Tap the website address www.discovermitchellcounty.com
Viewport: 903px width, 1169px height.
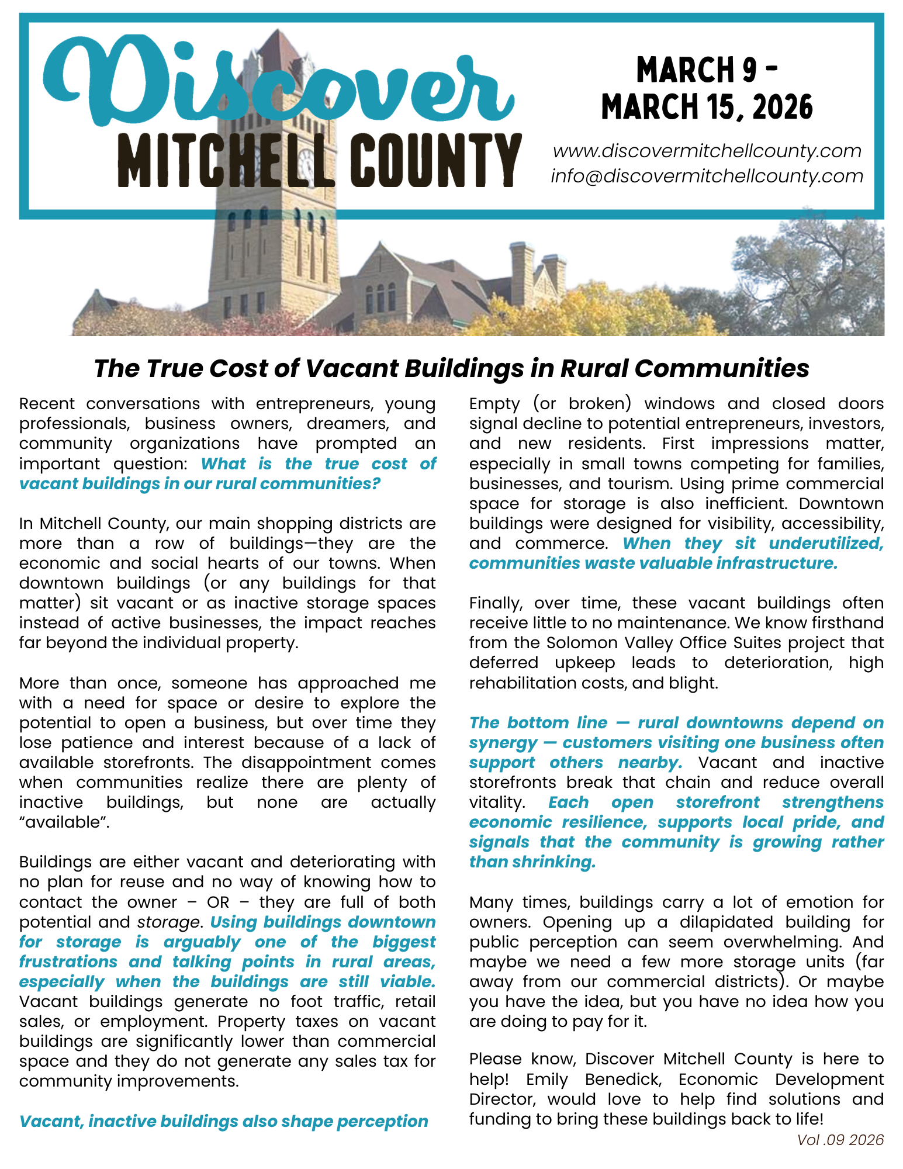coord(707,151)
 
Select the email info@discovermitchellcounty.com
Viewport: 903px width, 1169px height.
coord(707,176)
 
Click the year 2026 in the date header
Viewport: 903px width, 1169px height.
coord(783,108)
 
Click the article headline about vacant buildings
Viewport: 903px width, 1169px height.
coord(451,369)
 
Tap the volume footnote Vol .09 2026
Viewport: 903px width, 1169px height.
coord(840,1140)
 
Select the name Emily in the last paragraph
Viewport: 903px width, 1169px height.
coord(546,1079)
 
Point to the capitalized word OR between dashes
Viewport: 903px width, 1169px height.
coord(218,902)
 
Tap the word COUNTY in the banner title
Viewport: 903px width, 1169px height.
coord(438,161)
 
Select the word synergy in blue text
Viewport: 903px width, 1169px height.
coord(503,743)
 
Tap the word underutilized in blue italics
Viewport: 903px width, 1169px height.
coord(825,544)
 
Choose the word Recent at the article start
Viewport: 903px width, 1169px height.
coord(47,404)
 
